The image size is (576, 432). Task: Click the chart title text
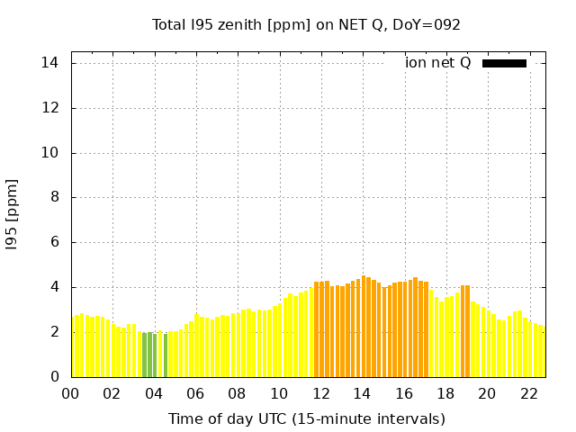(x=306, y=24)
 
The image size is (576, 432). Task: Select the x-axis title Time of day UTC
(x=306, y=418)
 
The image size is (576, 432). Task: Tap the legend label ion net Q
(x=437, y=63)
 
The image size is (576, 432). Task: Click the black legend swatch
(x=504, y=63)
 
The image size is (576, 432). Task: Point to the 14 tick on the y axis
(x=50, y=63)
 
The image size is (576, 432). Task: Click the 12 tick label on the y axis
(x=50, y=108)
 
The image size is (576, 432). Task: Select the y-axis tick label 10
(x=50, y=153)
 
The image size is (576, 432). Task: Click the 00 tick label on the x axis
(x=71, y=393)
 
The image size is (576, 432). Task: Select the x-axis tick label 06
(x=195, y=393)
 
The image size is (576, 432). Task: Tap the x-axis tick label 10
(x=279, y=393)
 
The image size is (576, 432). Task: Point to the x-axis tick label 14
(x=362, y=393)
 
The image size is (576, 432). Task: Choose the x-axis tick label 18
(x=445, y=393)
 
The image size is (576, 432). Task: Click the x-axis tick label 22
(x=528, y=393)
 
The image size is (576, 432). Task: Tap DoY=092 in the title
(x=427, y=24)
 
